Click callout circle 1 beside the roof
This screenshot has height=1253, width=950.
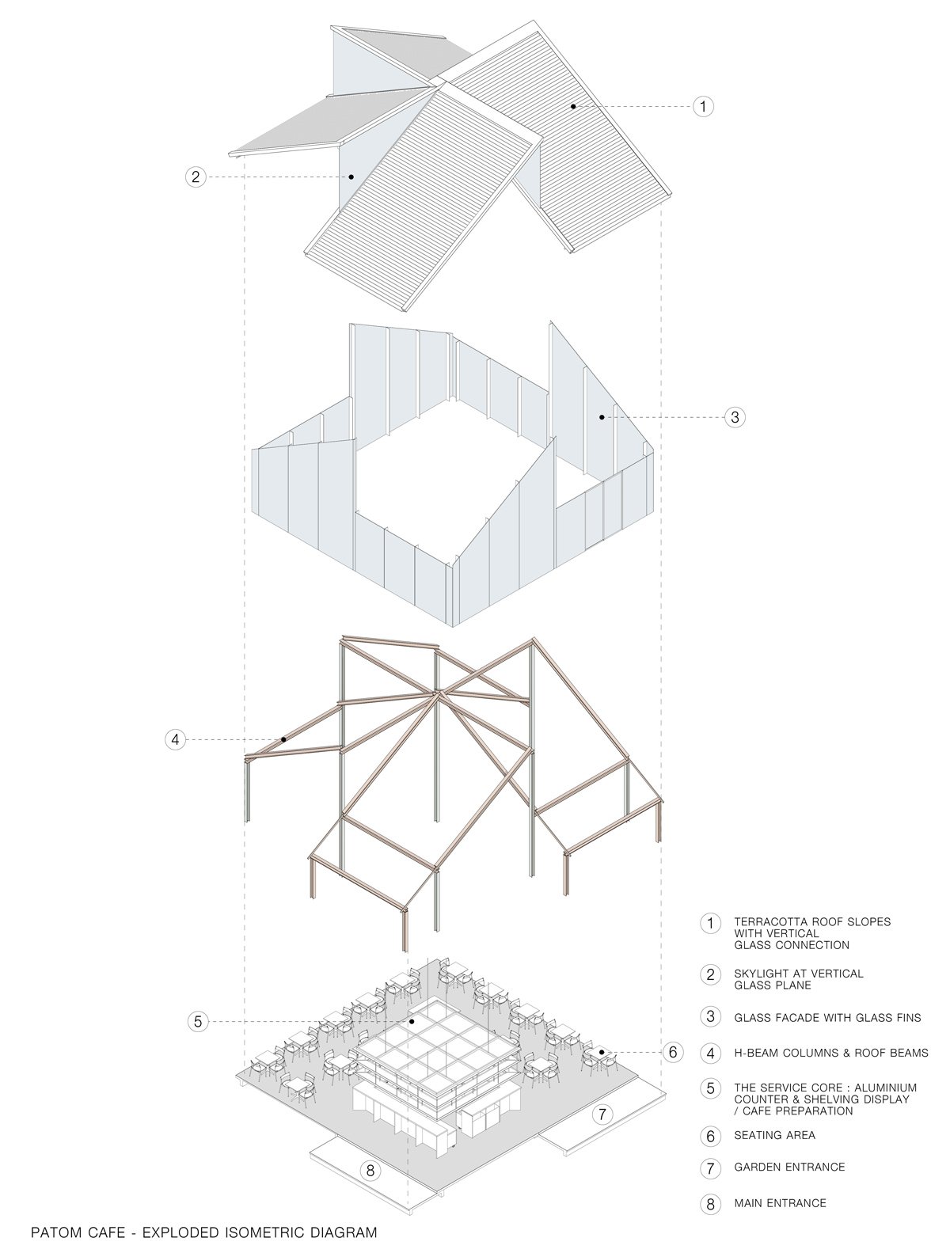[703, 106]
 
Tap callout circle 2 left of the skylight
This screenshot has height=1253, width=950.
[196, 177]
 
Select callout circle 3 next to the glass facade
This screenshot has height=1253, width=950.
[734, 417]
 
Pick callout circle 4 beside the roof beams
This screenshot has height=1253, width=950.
[175, 740]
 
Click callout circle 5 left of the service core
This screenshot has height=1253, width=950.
[198, 1021]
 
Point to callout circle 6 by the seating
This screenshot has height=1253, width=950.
[673, 1051]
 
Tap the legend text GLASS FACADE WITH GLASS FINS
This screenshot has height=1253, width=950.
[828, 1017]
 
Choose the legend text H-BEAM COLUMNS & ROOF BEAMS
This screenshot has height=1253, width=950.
[831, 1053]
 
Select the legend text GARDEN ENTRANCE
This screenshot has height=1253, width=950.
[789, 1167]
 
